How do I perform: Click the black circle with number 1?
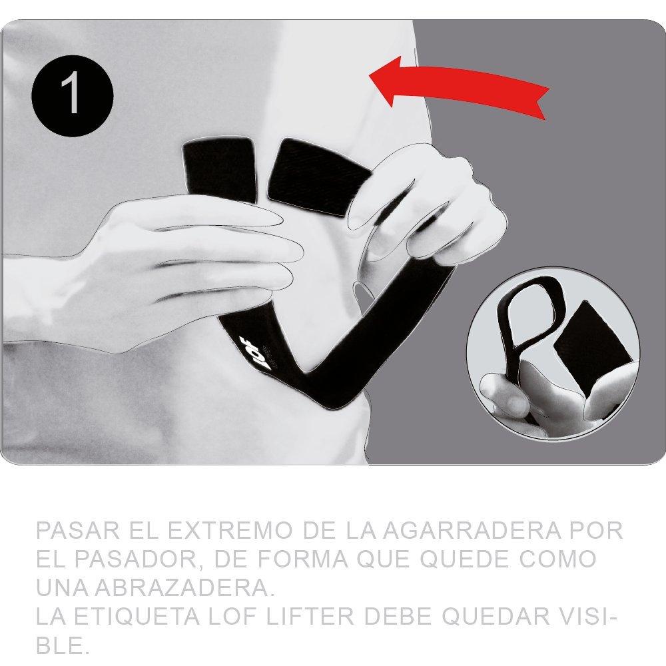(73, 95)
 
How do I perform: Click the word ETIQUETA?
(137, 617)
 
